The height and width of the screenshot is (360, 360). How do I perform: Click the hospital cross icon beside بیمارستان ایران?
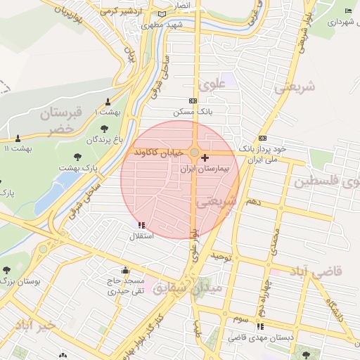(x=205, y=157)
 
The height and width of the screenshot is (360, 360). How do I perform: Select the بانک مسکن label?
(x=193, y=112)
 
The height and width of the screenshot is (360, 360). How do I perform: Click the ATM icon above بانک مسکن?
(x=193, y=101)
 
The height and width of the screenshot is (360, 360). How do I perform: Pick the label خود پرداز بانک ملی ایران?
(x=263, y=154)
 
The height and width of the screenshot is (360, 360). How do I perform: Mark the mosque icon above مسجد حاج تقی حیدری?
(x=125, y=271)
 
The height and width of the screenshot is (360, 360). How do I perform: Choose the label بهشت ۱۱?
(x=17, y=149)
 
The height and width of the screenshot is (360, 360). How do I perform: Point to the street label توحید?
(x=222, y=257)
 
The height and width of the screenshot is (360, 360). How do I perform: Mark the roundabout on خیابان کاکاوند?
(x=194, y=152)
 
